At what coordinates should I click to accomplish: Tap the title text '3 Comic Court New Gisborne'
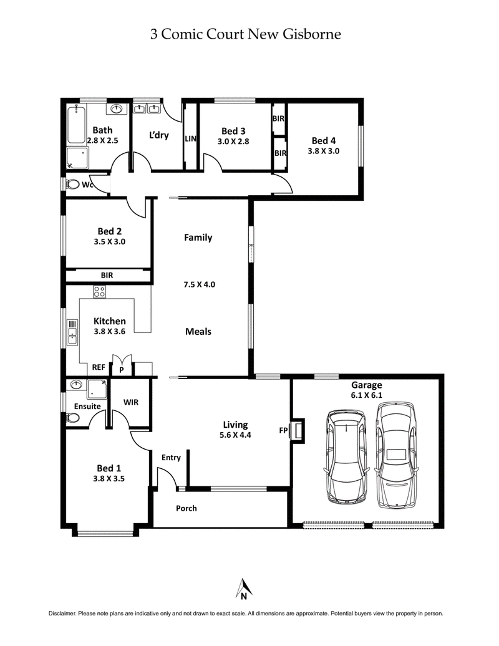[x=246, y=34]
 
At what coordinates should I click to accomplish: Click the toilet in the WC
[x=74, y=185]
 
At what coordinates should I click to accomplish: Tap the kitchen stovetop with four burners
[x=99, y=291]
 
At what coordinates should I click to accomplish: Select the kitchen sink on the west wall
[x=72, y=332]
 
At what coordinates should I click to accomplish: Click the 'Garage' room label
[x=367, y=385]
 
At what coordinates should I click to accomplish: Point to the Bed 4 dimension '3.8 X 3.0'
[x=323, y=151]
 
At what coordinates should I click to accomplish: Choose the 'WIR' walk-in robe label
[x=131, y=402]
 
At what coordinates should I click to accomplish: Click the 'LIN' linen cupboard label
[x=190, y=139]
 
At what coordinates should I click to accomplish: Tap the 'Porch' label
[x=186, y=508]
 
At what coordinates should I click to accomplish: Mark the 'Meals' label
[x=198, y=331]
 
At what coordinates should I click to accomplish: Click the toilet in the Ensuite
[x=73, y=418]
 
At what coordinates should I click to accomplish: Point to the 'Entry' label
[x=171, y=458]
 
